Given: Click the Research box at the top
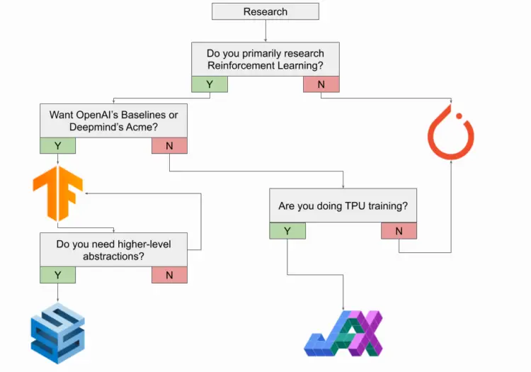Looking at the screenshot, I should (x=265, y=11).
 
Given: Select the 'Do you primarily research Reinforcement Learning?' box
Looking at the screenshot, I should (x=265, y=59).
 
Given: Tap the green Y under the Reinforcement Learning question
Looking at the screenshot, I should (x=209, y=84).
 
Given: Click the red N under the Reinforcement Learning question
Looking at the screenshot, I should (x=321, y=84).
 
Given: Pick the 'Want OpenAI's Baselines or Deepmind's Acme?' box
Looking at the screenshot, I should (x=114, y=120).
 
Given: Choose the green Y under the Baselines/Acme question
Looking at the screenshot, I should (x=58, y=146).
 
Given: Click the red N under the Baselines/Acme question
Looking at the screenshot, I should (x=170, y=146).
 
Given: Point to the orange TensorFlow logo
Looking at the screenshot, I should (x=57, y=193).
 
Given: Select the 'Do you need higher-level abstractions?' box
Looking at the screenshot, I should (x=113, y=249).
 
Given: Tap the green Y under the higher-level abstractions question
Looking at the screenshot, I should (x=58, y=275).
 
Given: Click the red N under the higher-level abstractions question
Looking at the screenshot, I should (x=170, y=275).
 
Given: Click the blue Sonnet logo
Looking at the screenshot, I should (x=57, y=333).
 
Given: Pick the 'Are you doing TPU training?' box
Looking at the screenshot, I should (x=343, y=206).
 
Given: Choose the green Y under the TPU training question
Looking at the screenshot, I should (x=287, y=231).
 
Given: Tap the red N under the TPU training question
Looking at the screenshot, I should (x=399, y=231).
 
